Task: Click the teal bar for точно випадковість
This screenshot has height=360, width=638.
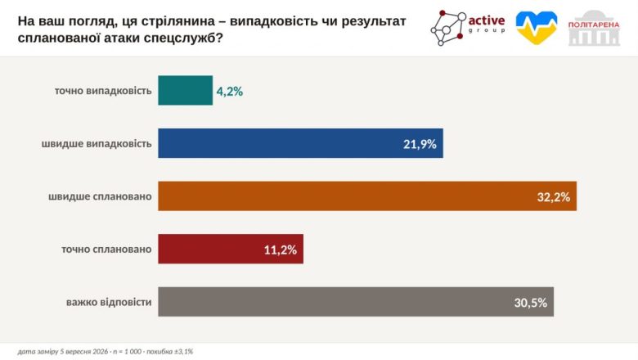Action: click(185, 90)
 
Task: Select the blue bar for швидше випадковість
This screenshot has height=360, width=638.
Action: click(301, 143)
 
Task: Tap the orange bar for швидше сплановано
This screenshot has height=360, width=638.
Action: click(367, 196)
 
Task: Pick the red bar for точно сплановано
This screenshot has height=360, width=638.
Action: click(231, 249)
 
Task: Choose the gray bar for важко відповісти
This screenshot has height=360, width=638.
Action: click(356, 302)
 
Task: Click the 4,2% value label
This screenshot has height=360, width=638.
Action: click(230, 92)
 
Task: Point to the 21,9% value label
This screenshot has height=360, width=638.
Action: click(420, 144)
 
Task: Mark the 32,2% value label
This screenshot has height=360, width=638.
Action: click(554, 197)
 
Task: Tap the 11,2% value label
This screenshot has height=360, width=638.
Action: click(281, 250)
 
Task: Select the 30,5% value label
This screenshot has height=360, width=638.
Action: click(531, 303)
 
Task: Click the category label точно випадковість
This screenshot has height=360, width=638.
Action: click(103, 91)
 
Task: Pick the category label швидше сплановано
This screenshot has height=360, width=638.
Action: click(100, 196)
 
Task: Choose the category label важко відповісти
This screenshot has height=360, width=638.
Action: click(109, 302)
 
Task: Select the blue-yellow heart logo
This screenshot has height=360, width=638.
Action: click(537, 27)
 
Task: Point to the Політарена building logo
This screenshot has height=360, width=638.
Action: click(594, 28)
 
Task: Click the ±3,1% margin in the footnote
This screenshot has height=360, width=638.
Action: click(183, 352)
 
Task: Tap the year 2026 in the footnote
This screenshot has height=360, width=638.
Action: click(101, 352)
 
